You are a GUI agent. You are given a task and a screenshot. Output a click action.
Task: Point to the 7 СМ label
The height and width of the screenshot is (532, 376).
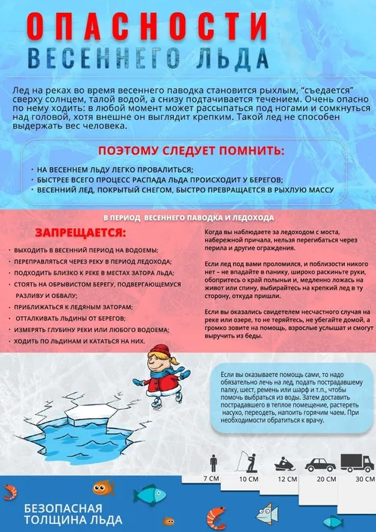coord(212,479)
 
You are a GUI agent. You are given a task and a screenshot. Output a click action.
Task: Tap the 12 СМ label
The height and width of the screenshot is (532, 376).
coord(287,479)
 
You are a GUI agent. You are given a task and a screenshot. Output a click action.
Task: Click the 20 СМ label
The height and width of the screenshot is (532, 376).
coord(326,479)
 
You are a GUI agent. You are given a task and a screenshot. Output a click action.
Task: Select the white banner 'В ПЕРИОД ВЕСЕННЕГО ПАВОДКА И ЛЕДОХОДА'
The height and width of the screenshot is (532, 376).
coord(188,217)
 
